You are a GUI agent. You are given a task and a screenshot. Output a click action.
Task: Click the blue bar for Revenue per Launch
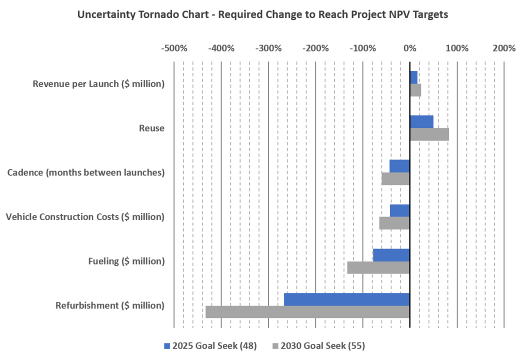(414, 77)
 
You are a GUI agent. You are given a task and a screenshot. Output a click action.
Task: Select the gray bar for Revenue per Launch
(416, 90)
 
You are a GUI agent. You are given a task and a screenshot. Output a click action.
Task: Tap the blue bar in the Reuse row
(422, 121)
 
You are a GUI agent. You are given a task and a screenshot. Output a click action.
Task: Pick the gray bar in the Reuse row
(430, 134)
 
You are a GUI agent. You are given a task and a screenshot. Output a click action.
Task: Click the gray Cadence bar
(395, 178)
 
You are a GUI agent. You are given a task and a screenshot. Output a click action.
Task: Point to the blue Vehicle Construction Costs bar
(399, 210)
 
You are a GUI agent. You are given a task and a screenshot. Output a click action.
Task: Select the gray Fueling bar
(377, 267)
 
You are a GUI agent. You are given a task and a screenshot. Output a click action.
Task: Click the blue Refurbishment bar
(346, 299)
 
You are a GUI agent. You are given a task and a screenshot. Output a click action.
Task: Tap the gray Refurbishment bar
(307, 312)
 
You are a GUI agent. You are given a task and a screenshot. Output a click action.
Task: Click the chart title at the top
(262, 14)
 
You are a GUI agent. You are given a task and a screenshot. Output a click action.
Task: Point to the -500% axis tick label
(173, 48)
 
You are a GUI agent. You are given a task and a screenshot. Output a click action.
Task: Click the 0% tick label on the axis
(410, 48)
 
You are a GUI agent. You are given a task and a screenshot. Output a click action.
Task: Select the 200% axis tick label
(503, 48)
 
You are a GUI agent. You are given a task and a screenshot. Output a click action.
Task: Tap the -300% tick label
(268, 48)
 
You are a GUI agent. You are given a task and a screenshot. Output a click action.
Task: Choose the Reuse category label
(152, 128)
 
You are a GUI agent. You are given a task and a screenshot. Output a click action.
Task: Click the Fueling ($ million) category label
(126, 261)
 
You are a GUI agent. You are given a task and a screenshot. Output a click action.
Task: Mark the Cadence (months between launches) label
(86, 172)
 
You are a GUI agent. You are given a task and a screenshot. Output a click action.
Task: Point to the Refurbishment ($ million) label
(110, 305)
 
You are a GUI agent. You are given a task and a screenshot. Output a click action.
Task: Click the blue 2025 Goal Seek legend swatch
(167, 346)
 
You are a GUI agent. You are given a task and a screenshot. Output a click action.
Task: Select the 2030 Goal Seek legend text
(322, 346)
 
